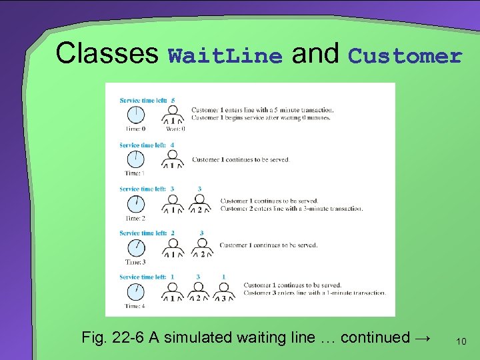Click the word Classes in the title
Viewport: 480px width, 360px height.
coord(107,53)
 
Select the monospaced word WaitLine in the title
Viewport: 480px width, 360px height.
coord(225,56)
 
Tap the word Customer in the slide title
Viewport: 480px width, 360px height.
coord(405,56)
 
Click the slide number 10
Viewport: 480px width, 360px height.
coord(461,341)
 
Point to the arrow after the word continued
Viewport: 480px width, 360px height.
coord(422,337)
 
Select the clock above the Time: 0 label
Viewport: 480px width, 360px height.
coord(135,115)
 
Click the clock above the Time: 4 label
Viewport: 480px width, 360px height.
coord(135,291)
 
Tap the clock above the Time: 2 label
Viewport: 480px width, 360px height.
coord(135,203)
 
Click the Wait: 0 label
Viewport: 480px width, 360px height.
coord(175,129)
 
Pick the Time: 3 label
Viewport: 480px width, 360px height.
coord(135,262)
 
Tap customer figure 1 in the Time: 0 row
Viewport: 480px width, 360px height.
coord(173,116)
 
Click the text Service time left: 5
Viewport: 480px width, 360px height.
coord(147,100)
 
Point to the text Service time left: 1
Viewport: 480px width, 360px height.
coord(147,277)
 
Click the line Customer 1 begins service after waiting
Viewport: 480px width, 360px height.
coord(261,118)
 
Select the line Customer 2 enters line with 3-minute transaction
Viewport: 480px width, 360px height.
coord(292,209)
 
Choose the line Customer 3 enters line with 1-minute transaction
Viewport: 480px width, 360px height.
coord(315,293)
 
